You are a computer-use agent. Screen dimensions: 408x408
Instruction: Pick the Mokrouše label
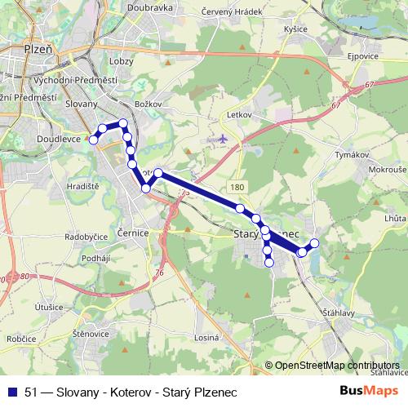[x=387, y=171]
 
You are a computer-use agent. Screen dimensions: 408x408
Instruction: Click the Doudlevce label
[x=59, y=140]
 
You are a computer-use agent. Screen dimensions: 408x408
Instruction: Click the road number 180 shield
[x=237, y=188]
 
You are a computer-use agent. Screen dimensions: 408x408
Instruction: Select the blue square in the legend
[x=11, y=389]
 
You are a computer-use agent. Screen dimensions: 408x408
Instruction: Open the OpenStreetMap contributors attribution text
[x=336, y=365]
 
